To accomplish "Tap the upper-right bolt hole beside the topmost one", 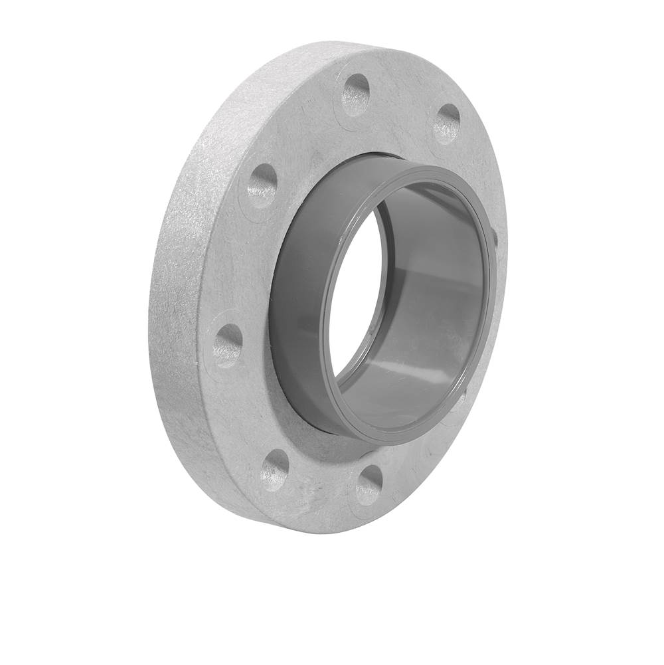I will pyautogui.click(x=447, y=124).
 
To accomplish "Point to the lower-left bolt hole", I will pyautogui.click(x=275, y=468).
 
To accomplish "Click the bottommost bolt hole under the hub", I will pyautogui.click(x=369, y=484).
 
